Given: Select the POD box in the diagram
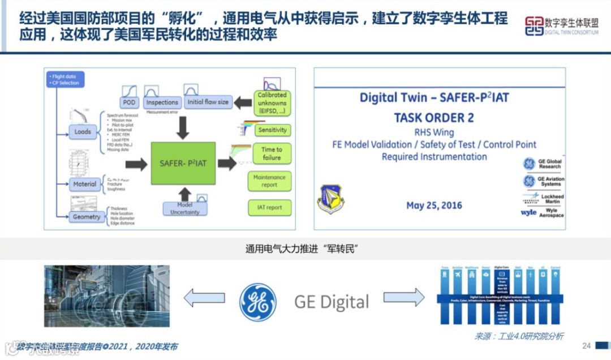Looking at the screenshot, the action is [129, 102].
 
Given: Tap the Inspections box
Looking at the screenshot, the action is [162, 102].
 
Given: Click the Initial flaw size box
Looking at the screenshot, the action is [208, 102].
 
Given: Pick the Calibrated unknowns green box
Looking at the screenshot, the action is [272, 104].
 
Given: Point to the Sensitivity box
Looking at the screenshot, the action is [273, 130].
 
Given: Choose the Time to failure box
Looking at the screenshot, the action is [272, 153].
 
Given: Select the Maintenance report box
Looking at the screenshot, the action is [269, 181].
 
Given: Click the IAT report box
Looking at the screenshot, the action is [269, 207].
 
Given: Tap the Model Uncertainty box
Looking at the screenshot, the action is [185, 208].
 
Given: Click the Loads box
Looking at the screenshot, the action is [83, 132].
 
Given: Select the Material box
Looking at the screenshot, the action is [85, 184].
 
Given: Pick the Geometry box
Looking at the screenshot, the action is [87, 217].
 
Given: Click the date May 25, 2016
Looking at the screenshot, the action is [434, 205].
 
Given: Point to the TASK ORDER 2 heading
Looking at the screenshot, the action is [434, 118].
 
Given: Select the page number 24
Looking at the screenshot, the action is [586, 346].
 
